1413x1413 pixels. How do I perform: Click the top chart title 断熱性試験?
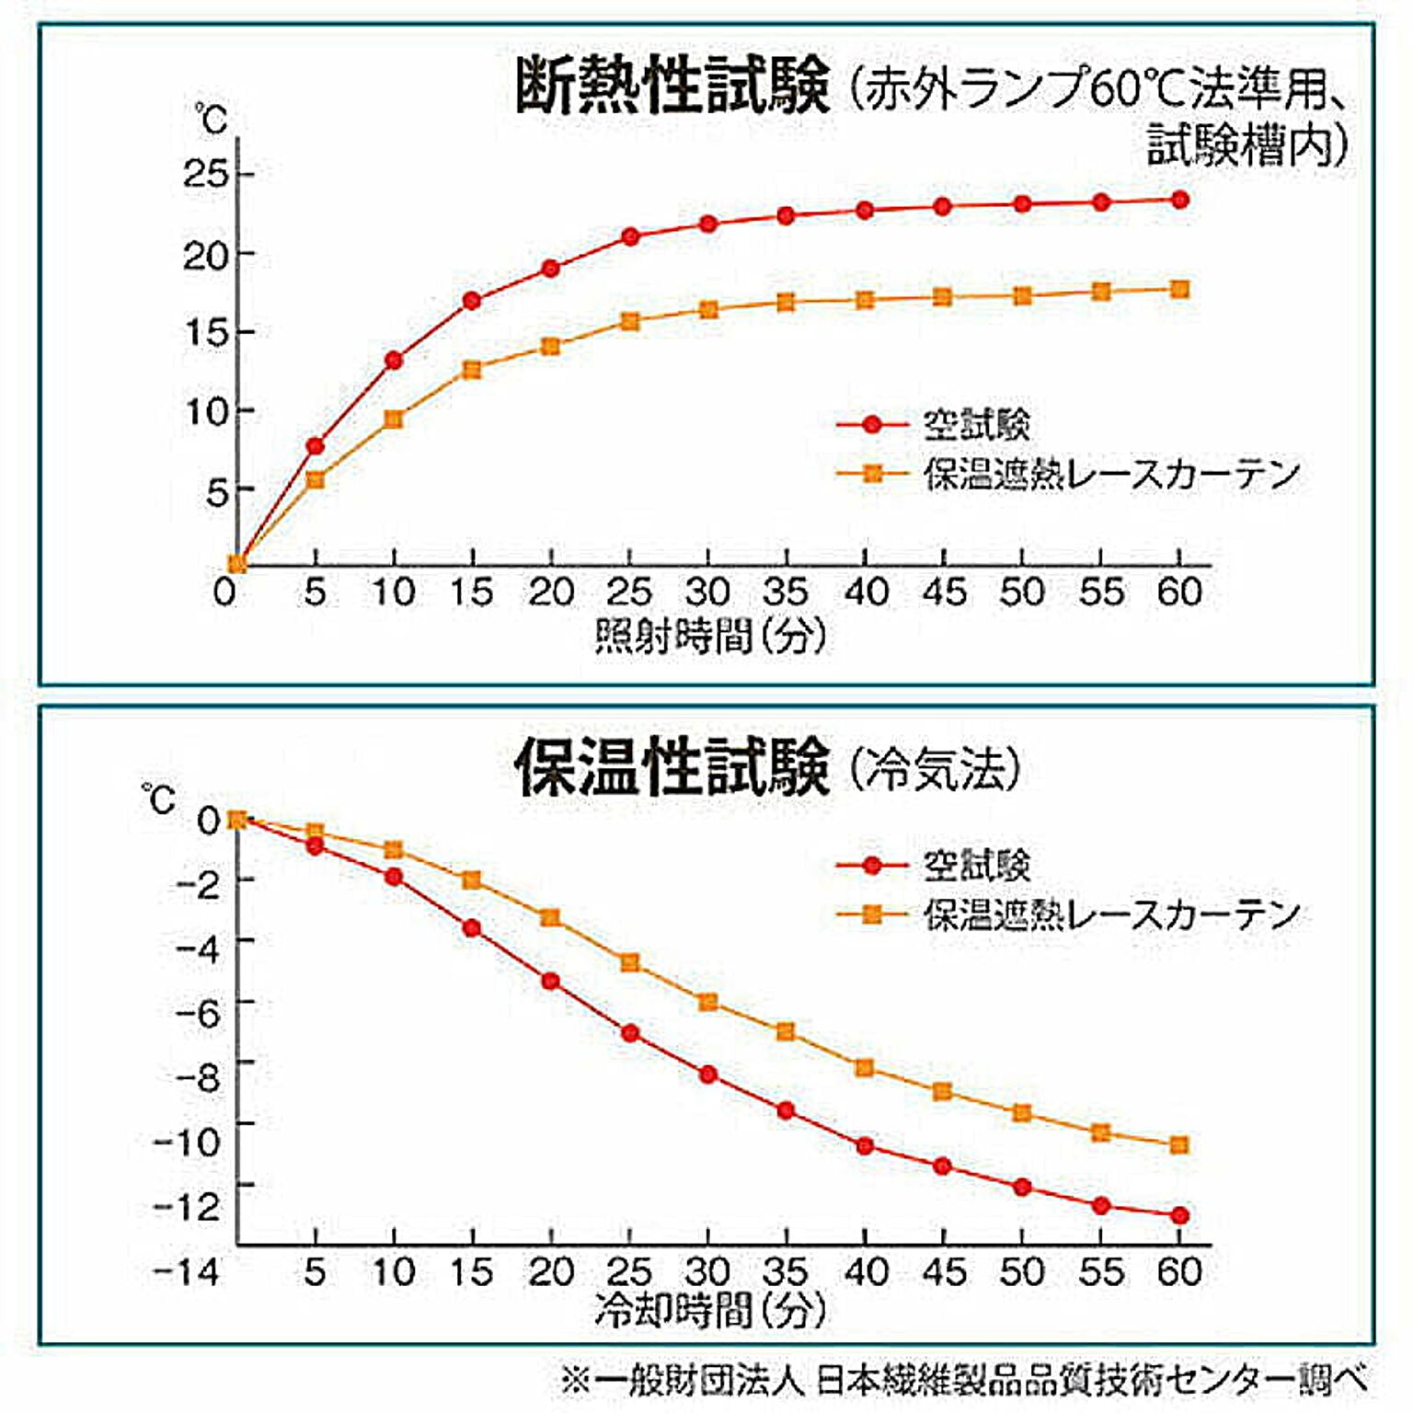click(672, 86)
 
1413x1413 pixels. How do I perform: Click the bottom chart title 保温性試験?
click(672, 767)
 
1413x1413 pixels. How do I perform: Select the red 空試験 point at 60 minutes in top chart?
click(1180, 200)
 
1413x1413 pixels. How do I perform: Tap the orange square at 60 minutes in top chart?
click(1180, 290)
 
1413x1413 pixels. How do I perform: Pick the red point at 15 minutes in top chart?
click(472, 301)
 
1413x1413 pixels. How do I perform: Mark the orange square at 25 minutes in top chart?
click(630, 322)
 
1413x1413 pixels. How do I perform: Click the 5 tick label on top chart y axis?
click(217, 492)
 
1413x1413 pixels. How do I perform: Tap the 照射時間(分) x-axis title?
click(710, 637)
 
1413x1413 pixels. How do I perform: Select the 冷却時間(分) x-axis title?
click(710, 1310)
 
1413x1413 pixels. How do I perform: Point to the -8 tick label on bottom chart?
click(198, 1076)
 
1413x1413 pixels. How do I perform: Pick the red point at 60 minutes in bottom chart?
click(1180, 1216)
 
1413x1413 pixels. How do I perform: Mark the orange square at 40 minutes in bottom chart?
click(865, 1068)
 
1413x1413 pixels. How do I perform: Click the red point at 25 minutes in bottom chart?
click(630, 1033)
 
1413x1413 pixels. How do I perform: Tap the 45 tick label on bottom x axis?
click(944, 1272)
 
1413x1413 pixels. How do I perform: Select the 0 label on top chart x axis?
click(224, 592)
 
